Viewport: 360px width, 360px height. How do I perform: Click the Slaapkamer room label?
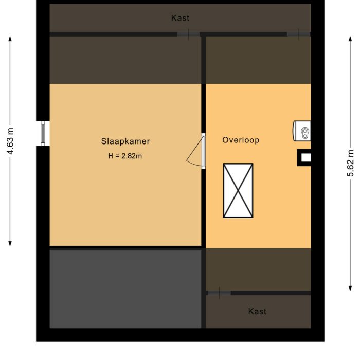[125, 140]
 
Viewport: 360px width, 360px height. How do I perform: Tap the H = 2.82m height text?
[125, 155]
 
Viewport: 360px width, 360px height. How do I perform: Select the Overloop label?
[241, 140]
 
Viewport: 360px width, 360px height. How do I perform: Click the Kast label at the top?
[180, 18]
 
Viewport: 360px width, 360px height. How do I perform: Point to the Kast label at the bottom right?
[257, 311]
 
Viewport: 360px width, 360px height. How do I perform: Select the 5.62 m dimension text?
[351, 164]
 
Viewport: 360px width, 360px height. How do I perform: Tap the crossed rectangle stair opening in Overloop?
[238, 190]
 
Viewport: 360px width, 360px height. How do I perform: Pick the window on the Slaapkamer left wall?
[43, 133]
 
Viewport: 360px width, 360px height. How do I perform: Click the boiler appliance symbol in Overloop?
[302, 131]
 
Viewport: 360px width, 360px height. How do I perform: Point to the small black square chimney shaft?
[305, 158]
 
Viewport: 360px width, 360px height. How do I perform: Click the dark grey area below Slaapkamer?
[125, 288]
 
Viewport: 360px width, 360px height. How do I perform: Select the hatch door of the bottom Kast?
[219, 293]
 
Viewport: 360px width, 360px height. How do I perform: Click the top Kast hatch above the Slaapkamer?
[188, 34]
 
